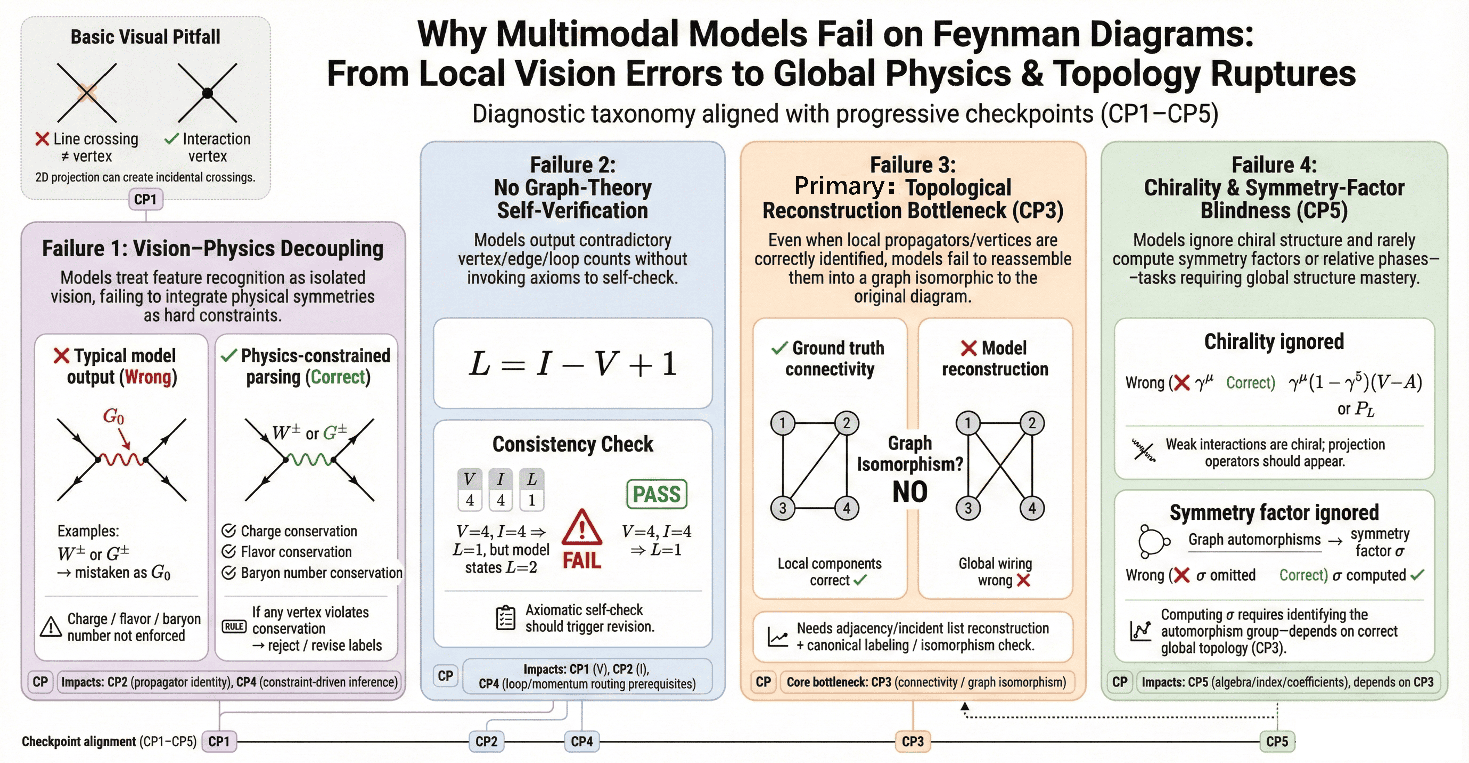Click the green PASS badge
(x=656, y=494)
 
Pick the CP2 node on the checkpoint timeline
(x=486, y=741)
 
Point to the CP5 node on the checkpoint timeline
(x=1277, y=741)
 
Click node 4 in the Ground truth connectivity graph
(x=846, y=508)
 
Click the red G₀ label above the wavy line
(x=114, y=416)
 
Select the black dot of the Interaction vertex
(x=208, y=93)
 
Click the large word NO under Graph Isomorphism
(x=910, y=492)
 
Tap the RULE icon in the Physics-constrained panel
(x=234, y=627)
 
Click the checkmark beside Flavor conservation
(x=229, y=551)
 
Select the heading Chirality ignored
(x=1274, y=341)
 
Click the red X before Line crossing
(x=42, y=139)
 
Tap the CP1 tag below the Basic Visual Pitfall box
(x=146, y=199)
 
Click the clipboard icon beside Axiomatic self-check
(x=505, y=617)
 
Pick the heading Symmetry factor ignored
(x=1274, y=512)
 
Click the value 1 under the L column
(x=532, y=500)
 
